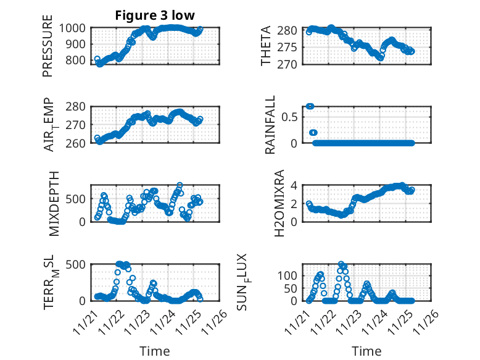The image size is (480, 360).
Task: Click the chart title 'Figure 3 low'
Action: click(x=155, y=15)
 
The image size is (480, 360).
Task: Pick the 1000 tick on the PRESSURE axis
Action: click(x=75, y=28)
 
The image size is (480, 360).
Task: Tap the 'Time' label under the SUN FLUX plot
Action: click(x=366, y=351)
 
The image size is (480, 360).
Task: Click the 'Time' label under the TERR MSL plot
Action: click(x=154, y=351)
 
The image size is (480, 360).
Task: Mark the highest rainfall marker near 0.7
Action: click(x=310, y=106)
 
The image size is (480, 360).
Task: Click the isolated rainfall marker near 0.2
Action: click(x=313, y=133)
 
